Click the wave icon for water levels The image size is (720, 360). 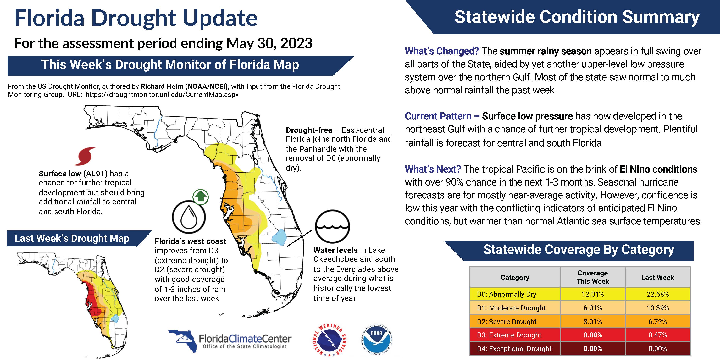[332, 226]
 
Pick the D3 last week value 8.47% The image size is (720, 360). [657, 335]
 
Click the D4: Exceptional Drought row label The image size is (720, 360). [514, 349]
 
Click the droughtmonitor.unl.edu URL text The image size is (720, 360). [162, 94]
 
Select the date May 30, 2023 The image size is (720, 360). [269, 43]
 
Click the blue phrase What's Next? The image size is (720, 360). [433, 169]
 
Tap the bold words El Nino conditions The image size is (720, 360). [658, 169]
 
